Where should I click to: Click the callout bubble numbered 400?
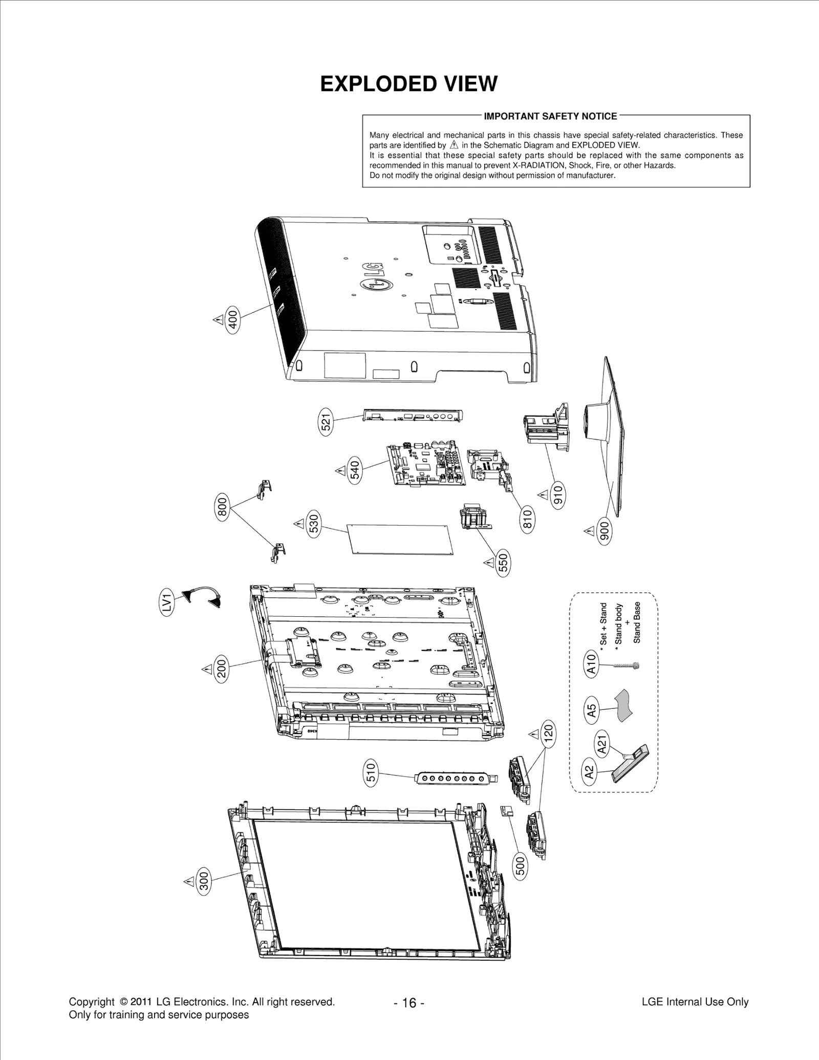(232, 319)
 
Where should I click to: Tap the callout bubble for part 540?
(355, 470)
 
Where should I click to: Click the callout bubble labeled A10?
(591, 664)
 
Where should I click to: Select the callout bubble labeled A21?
(602, 744)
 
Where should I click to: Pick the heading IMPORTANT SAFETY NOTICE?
(550, 116)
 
